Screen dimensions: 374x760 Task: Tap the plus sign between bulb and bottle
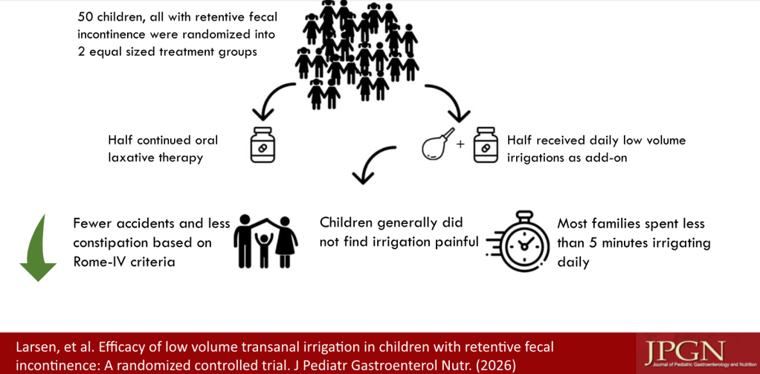point(460,144)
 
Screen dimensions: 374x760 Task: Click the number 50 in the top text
point(87,16)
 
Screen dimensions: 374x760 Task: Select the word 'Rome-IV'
point(100,261)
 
